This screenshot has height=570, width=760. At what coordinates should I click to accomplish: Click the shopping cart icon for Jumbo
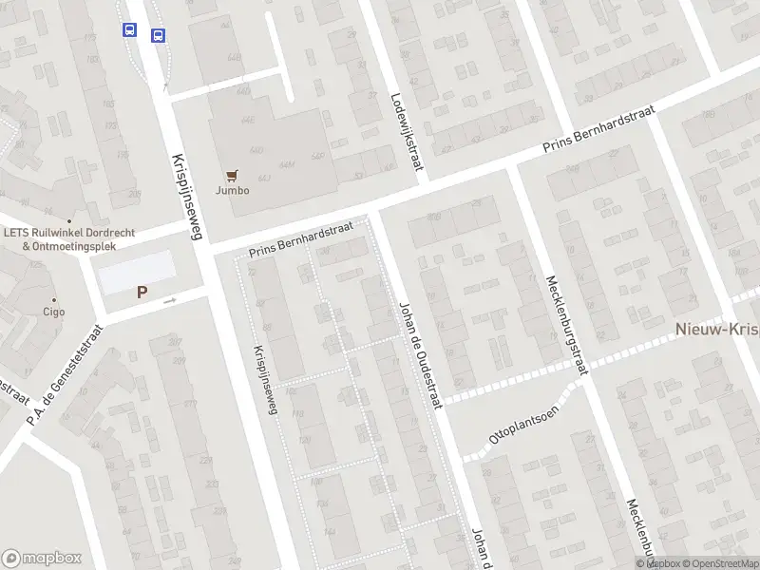click(231, 175)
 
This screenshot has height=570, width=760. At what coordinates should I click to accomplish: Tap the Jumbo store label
click(232, 190)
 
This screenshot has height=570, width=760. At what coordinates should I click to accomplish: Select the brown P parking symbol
click(142, 293)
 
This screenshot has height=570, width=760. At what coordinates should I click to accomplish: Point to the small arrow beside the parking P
click(170, 300)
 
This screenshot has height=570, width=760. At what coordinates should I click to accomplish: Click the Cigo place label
click(53, 312)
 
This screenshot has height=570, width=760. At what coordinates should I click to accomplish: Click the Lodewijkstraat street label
click(407, 133)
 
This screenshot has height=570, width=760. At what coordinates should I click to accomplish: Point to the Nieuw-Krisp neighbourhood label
click(716, 329)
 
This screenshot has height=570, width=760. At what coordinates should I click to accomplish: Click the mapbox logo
click(42, 559)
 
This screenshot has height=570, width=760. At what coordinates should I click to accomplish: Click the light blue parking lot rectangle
click(138, 272)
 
